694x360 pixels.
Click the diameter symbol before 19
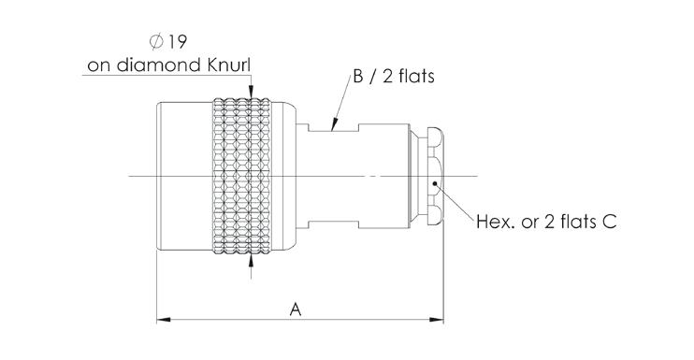click(156, 42)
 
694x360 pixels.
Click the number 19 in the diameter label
click(177, 42)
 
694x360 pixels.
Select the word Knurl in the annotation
click(229, 65)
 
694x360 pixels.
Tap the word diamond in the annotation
click(159, 65)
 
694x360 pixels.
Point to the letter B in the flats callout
click(358, 76)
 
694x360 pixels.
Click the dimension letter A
click(296, 310)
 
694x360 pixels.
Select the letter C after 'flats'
click(610, 221)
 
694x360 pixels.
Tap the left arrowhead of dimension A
click(164, 319)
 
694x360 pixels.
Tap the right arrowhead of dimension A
click(437, 319)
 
